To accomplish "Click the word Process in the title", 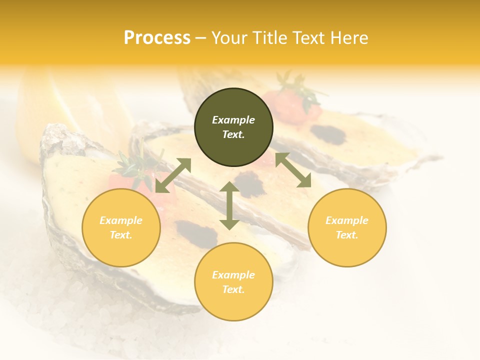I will click(x=157, y=38).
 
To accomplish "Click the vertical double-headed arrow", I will click(x=229, y=205).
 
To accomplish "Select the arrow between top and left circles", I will click(x=173, y=175).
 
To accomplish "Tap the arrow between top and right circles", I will click(x=293, y=170).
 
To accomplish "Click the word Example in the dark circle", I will click(x=233, y=120).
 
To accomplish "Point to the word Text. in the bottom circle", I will click(x=233, y=289).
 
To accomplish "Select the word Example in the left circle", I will click(x=121, y=220).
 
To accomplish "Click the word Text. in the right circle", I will click(x=347, y=235).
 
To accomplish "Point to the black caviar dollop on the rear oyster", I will click(x=328, y=134).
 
